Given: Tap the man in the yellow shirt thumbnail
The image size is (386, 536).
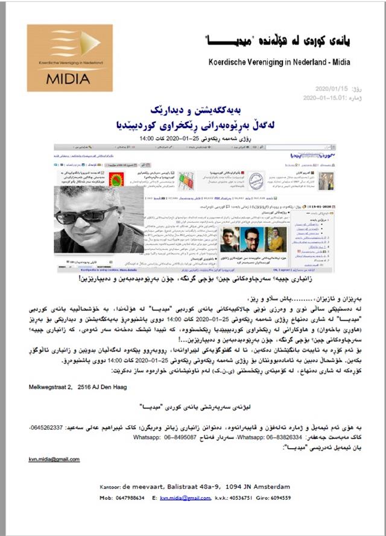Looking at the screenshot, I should pyautogui.click(x=276, y=239).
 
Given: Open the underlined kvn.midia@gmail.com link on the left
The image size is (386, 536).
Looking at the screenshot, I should pyautogui.click(x=54, y=460).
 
